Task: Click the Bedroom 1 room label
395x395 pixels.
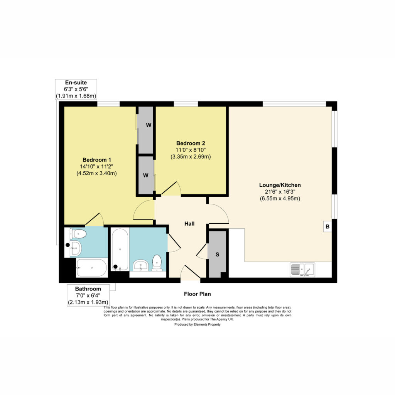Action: (x=97, y=160)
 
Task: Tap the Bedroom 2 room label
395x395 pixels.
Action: (x=191, y=143)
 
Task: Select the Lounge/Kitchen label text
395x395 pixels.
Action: (x=280, y=185)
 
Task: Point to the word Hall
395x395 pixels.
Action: (x=189, y=224)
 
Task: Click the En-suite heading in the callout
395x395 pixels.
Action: (x=76, y=83)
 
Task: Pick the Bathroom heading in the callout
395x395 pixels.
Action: (x=88, y=289)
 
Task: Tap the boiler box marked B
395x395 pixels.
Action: (x=327, y=226)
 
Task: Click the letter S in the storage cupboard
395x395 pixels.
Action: (x=218, y=255)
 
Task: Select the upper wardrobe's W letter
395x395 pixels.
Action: (x=149, y=125)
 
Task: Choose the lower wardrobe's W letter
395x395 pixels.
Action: (x=145, y=176)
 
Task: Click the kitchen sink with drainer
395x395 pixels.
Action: (x=302, y=270)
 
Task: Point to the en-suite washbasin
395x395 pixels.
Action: (x=75, y=248)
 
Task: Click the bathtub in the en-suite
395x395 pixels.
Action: (x=92, y=268)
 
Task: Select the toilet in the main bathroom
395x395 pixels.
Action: (x=157, y=263)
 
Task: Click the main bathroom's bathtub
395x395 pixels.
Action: (x=120, y=250)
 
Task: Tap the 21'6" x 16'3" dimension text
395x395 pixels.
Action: (x=280, y=192)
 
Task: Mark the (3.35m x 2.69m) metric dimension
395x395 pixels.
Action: (x=191, y=157)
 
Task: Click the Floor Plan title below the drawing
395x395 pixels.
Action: (x=197, y=294)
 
